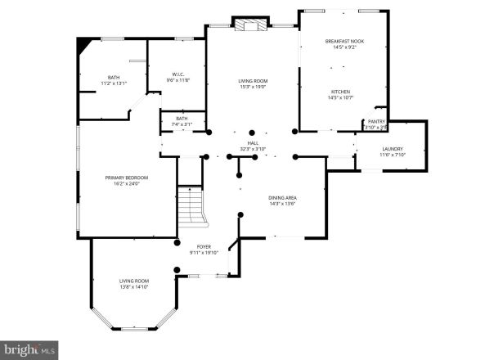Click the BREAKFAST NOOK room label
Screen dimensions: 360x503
click(344, 40)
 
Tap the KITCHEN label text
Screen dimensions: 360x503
click(340, 91)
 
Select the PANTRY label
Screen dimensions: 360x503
click(375, 121)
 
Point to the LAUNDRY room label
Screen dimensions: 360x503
click(392, 148)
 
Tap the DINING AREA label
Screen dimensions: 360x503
click(281, 198)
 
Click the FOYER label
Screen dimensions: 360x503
click(204, 246)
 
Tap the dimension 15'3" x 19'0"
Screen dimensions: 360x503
click(253, 87)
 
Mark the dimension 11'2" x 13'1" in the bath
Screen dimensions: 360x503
click(114, 83)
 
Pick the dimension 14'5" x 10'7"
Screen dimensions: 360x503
click(340, 97)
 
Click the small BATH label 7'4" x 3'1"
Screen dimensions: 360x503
click(182, 121)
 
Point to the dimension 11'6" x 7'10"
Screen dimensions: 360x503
click(392, 155)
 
